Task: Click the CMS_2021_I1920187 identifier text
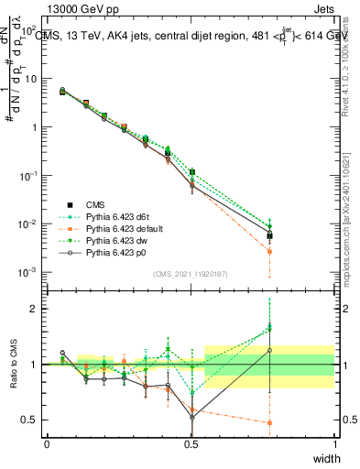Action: pos(191,274)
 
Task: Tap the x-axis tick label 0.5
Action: pos(191,443)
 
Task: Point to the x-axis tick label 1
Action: pos(334,443)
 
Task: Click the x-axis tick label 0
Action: pos(47,443)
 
